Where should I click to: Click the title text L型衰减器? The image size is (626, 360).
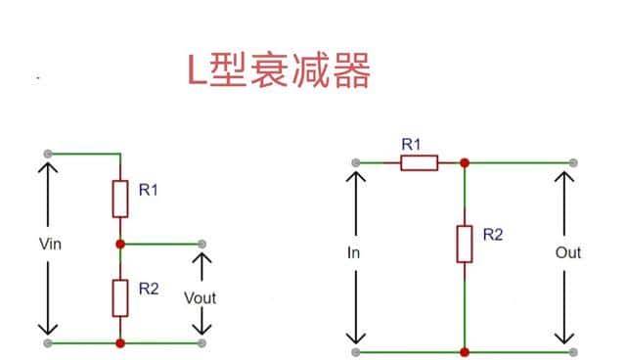(280, 70)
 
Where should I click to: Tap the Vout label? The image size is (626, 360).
(201, 297)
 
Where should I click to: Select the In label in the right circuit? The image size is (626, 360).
(355, 252)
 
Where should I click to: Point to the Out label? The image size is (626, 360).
(568, 252)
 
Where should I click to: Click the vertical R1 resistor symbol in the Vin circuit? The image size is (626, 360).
(119, 199)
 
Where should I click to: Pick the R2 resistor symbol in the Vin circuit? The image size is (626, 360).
(119, 296)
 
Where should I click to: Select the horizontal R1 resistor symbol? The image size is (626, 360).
(418, 162)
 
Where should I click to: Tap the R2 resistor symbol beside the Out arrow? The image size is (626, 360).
(465, 244)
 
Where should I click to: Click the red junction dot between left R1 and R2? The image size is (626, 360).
(119, 243)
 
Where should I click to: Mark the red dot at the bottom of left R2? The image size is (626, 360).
(119, 343)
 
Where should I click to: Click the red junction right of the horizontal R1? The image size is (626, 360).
(465, 162)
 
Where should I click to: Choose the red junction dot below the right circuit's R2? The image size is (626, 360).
(465, 350)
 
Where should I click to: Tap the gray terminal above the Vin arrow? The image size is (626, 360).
(47, 154)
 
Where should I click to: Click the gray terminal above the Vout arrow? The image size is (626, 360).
(201, 243)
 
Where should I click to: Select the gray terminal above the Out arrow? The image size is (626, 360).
(572, 162)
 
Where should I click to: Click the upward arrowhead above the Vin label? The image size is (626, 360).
(47, 168)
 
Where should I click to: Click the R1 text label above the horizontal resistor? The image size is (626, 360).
(412, 144)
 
